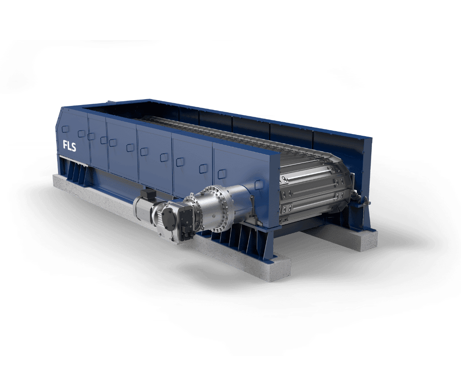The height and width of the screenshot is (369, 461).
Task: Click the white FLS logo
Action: (70, 146)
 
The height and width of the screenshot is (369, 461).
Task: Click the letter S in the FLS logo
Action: (73, 146)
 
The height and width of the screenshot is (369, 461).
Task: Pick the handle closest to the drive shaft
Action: (258, 185)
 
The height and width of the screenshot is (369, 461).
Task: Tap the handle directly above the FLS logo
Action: (65, 129)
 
